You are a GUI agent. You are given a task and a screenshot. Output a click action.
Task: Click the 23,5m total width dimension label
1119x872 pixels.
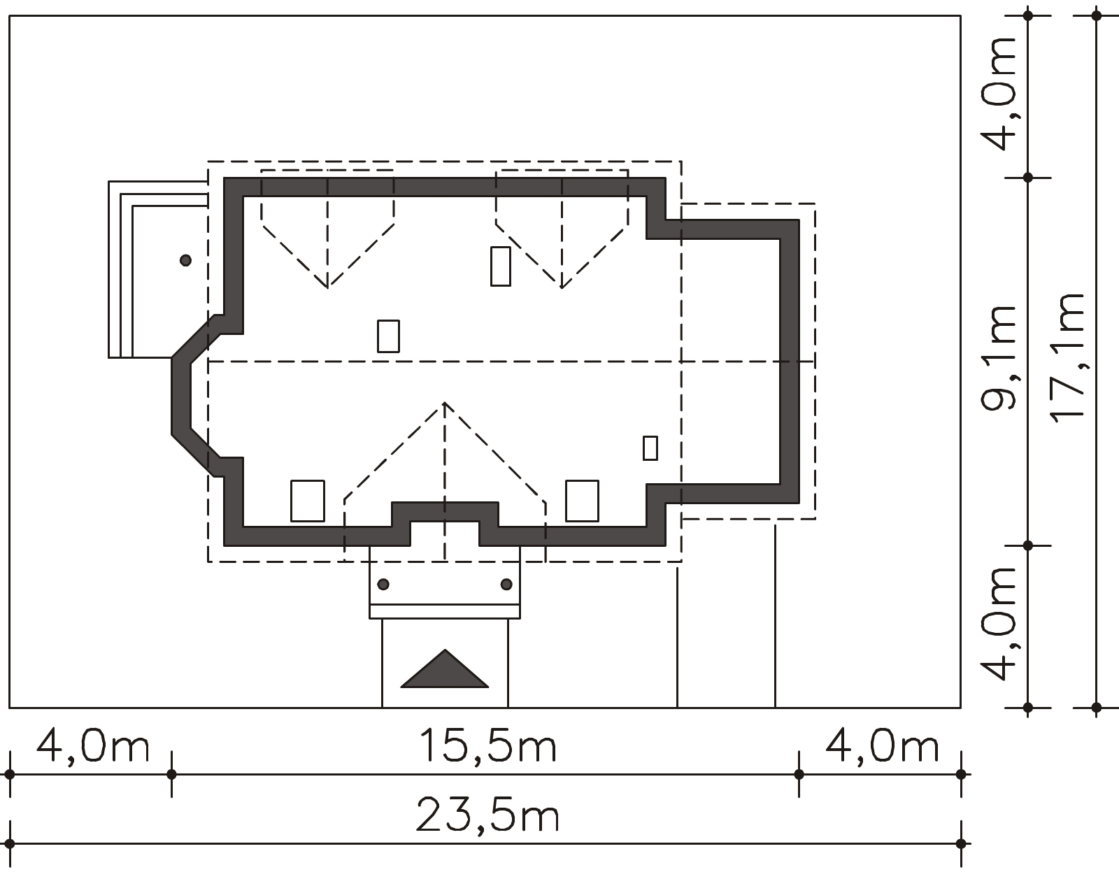point(487,815)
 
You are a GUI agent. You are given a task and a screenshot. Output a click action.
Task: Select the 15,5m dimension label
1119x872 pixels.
point(488,745)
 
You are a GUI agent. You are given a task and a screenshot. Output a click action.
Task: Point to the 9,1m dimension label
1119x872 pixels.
point(999,358)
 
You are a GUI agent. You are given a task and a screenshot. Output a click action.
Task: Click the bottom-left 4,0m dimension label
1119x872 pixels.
point(93,746)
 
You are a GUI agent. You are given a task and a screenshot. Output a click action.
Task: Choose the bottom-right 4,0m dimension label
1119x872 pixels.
point(882,746)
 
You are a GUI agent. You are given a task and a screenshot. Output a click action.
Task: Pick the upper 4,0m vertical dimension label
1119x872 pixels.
point(999,94)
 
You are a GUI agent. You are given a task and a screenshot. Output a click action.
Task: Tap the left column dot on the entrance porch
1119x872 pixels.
point(383,585)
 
